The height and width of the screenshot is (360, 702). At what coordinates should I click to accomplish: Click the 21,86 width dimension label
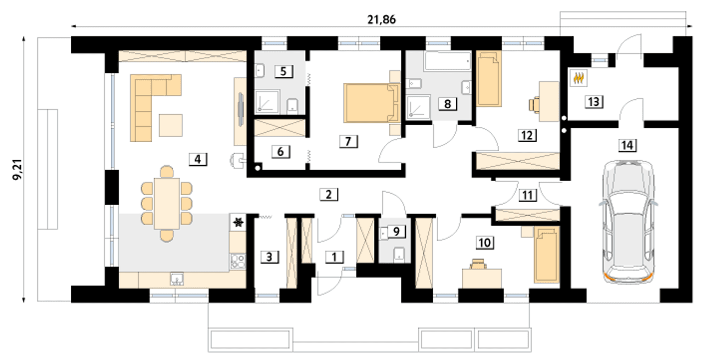tap(381, 20)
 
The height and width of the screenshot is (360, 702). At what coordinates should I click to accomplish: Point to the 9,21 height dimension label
tap(18, 170)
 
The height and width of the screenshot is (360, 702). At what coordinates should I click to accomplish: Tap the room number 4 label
tap(198, 159)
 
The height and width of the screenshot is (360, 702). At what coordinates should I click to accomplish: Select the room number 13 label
tap(593, 102)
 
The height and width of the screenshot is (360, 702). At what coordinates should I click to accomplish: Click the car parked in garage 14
tap(629, 222)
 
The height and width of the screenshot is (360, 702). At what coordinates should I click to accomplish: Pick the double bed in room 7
tap(372, 103)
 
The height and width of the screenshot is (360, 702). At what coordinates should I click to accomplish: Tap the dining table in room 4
tap(167, 204)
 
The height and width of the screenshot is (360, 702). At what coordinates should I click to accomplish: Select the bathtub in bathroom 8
tap(448, 61)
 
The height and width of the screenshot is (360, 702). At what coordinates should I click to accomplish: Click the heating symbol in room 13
tap(579, 78)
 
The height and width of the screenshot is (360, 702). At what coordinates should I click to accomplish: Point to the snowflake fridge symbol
tap(238, 222)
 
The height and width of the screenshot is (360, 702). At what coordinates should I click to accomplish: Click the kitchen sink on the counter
tap(177, 279)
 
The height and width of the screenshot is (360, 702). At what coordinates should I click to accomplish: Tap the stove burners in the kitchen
tap(238, 261)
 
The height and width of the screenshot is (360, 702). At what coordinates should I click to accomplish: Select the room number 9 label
tap(397, 232)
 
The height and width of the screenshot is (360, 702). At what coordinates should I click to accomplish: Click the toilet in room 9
tap(399, 254)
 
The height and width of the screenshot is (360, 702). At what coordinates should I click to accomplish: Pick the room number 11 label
tap(527, 195)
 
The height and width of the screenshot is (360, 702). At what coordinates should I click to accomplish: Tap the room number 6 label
tap(280, 151)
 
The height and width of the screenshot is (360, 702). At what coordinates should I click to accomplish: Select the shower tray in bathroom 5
tap(267, 102)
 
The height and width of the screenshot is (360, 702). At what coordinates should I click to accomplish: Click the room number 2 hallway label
tap(329, 194)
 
